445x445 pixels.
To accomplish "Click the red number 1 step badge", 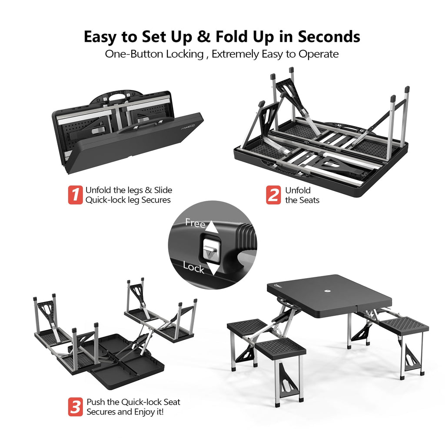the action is [75, 195].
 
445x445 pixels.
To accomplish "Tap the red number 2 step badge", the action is [273, 195].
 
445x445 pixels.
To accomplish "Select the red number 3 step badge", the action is [76, 407].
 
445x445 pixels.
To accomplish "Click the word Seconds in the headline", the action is [329, 37].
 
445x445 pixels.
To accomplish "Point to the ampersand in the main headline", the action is [203, 37].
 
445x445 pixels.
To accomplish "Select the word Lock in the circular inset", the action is [193, 267].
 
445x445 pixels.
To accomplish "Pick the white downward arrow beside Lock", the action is [213, 269].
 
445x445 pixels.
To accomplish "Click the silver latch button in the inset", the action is [212, 249].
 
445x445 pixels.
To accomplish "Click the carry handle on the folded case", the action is [118, 97].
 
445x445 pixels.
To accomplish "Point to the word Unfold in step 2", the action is [298, 190].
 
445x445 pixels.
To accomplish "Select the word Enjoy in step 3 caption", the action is [143, 412].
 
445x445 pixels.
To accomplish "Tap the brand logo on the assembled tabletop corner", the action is [278, 286].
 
